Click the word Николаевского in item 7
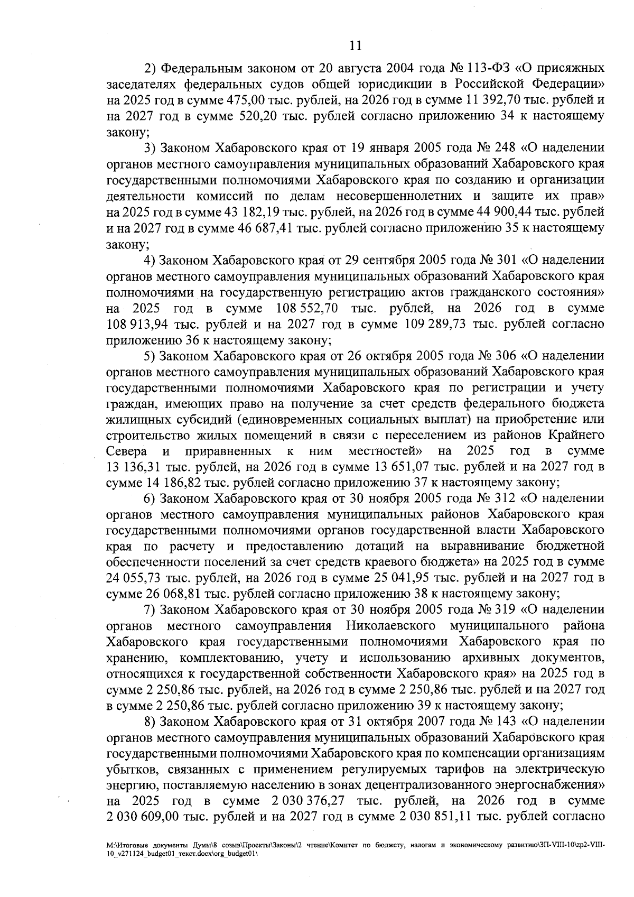(390, 626)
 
